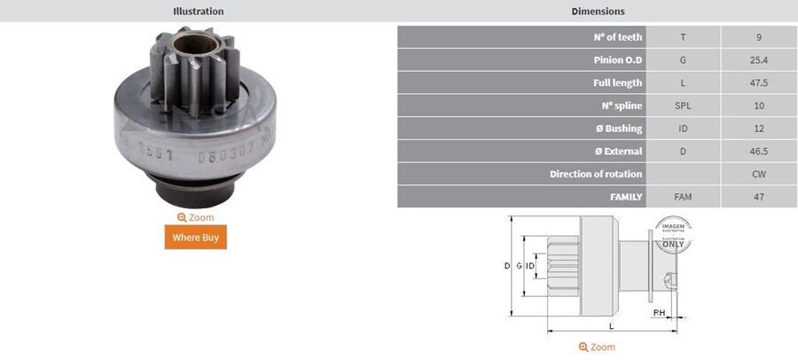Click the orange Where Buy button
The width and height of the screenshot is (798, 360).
[196, 237]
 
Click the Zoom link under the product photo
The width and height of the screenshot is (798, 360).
[196, 217]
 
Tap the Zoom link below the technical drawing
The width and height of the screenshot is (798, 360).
[597, 347]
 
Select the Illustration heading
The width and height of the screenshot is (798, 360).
[198, 12]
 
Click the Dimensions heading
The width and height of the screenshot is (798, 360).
[598, 12]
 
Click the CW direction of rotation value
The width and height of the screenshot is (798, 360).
[758, 174]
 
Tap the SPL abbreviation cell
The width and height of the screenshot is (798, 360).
[683, 106]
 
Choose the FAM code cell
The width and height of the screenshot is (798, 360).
[683, 197]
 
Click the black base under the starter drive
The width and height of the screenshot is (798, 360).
[196, 191]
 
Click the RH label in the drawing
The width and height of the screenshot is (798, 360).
[659, 313]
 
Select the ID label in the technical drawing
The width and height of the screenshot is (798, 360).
[529, 266]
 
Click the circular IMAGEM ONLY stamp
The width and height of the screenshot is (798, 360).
[672, 235]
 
